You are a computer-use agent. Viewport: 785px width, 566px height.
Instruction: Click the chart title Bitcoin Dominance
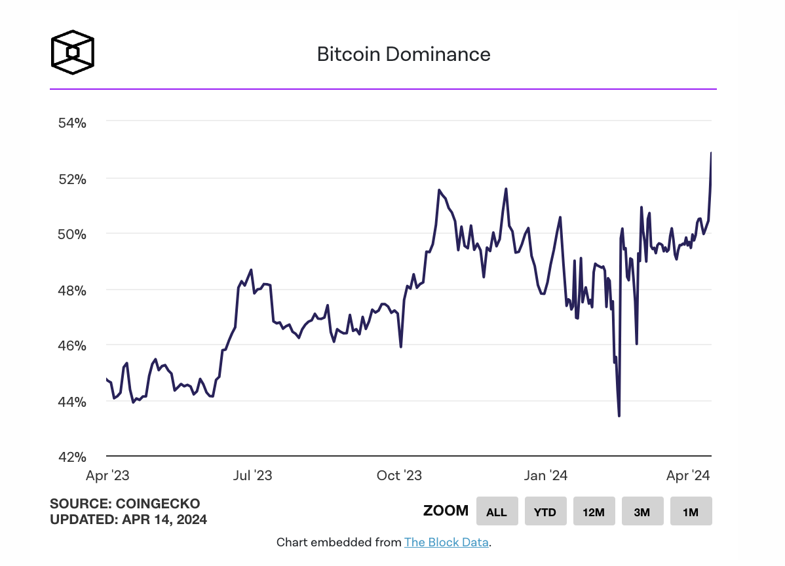click(x=404, y=54)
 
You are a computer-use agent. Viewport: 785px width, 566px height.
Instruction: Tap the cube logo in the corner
click(x=73, y=51)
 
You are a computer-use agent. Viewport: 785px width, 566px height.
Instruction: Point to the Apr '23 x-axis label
click(x=107, y=476)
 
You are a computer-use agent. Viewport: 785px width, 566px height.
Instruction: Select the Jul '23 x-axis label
click(x=253, y=476)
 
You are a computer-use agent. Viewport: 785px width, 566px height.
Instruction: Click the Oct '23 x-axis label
click(x=400, y=476)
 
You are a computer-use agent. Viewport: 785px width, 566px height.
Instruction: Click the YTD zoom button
click(x=545, y=512)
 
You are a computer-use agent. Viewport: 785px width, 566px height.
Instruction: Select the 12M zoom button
click(x=594, y=512)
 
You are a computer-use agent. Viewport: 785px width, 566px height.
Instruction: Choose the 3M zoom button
click(x=642, y=512)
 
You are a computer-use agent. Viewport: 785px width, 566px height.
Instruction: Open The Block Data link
click(x=446, y=542)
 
